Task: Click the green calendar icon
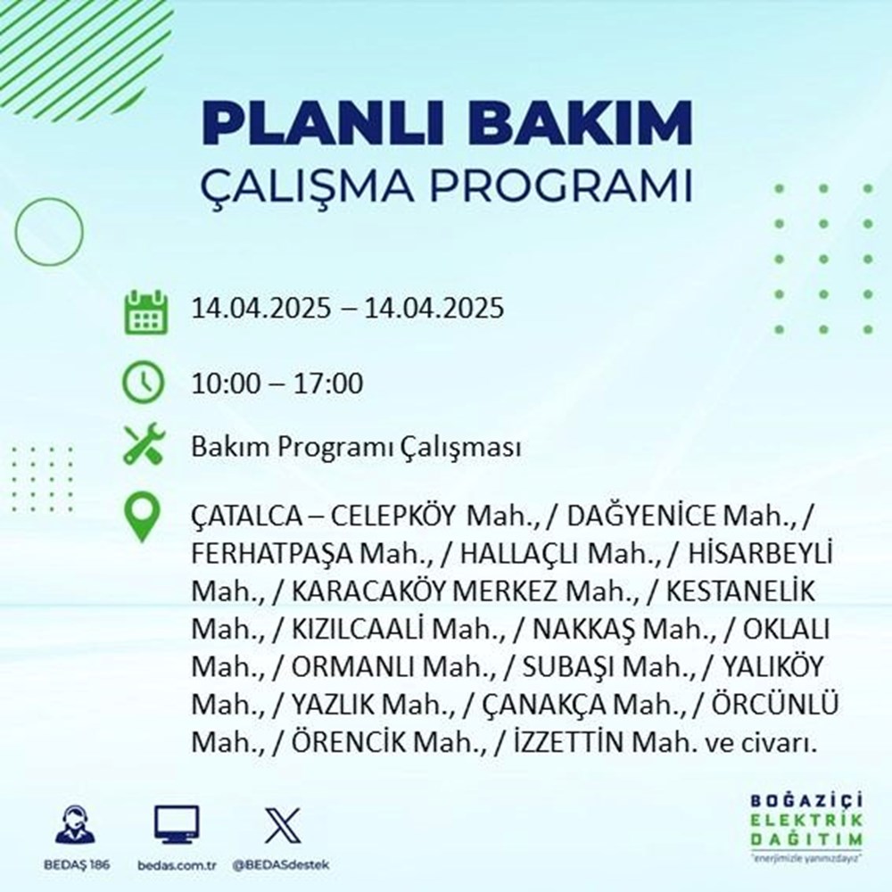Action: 145,310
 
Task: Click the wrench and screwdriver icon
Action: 145,445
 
